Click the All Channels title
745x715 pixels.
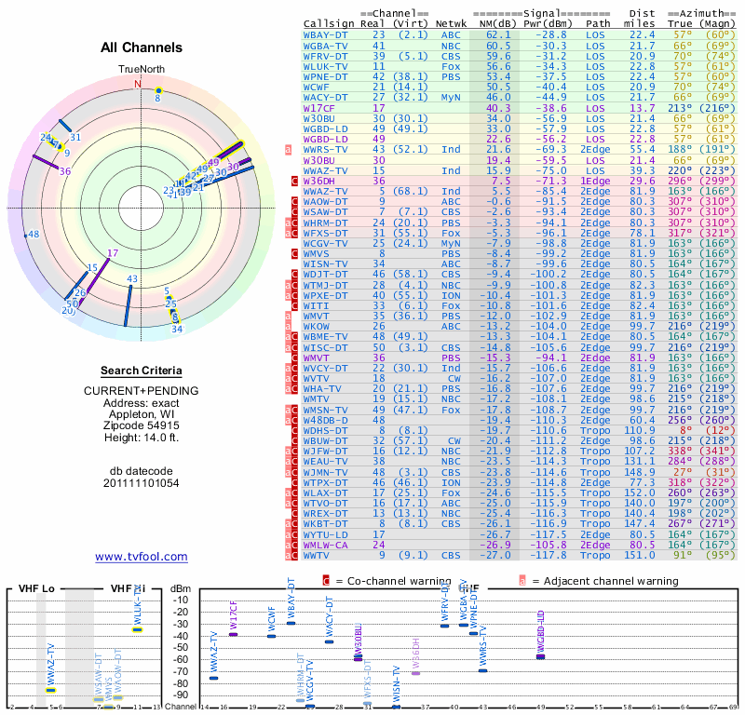click(x=142, y=47)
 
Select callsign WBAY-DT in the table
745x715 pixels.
click(x=326, y=34)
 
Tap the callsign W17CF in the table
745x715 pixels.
click(x=318, y=108)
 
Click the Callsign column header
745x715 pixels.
click(x=329, y=23)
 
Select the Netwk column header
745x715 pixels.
click(x=452, y=23)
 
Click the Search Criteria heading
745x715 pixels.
click(x=141, y=371)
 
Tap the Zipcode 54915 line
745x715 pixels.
click(x=141, y=424)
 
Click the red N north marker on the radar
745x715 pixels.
click(x=139, y=84)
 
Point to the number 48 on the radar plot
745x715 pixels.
click(x=34, y=234)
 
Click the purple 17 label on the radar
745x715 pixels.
click(x=113, y=252)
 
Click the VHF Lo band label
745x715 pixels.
click(x=34, y=588)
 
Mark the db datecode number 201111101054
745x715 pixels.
click(x=141, y=483)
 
